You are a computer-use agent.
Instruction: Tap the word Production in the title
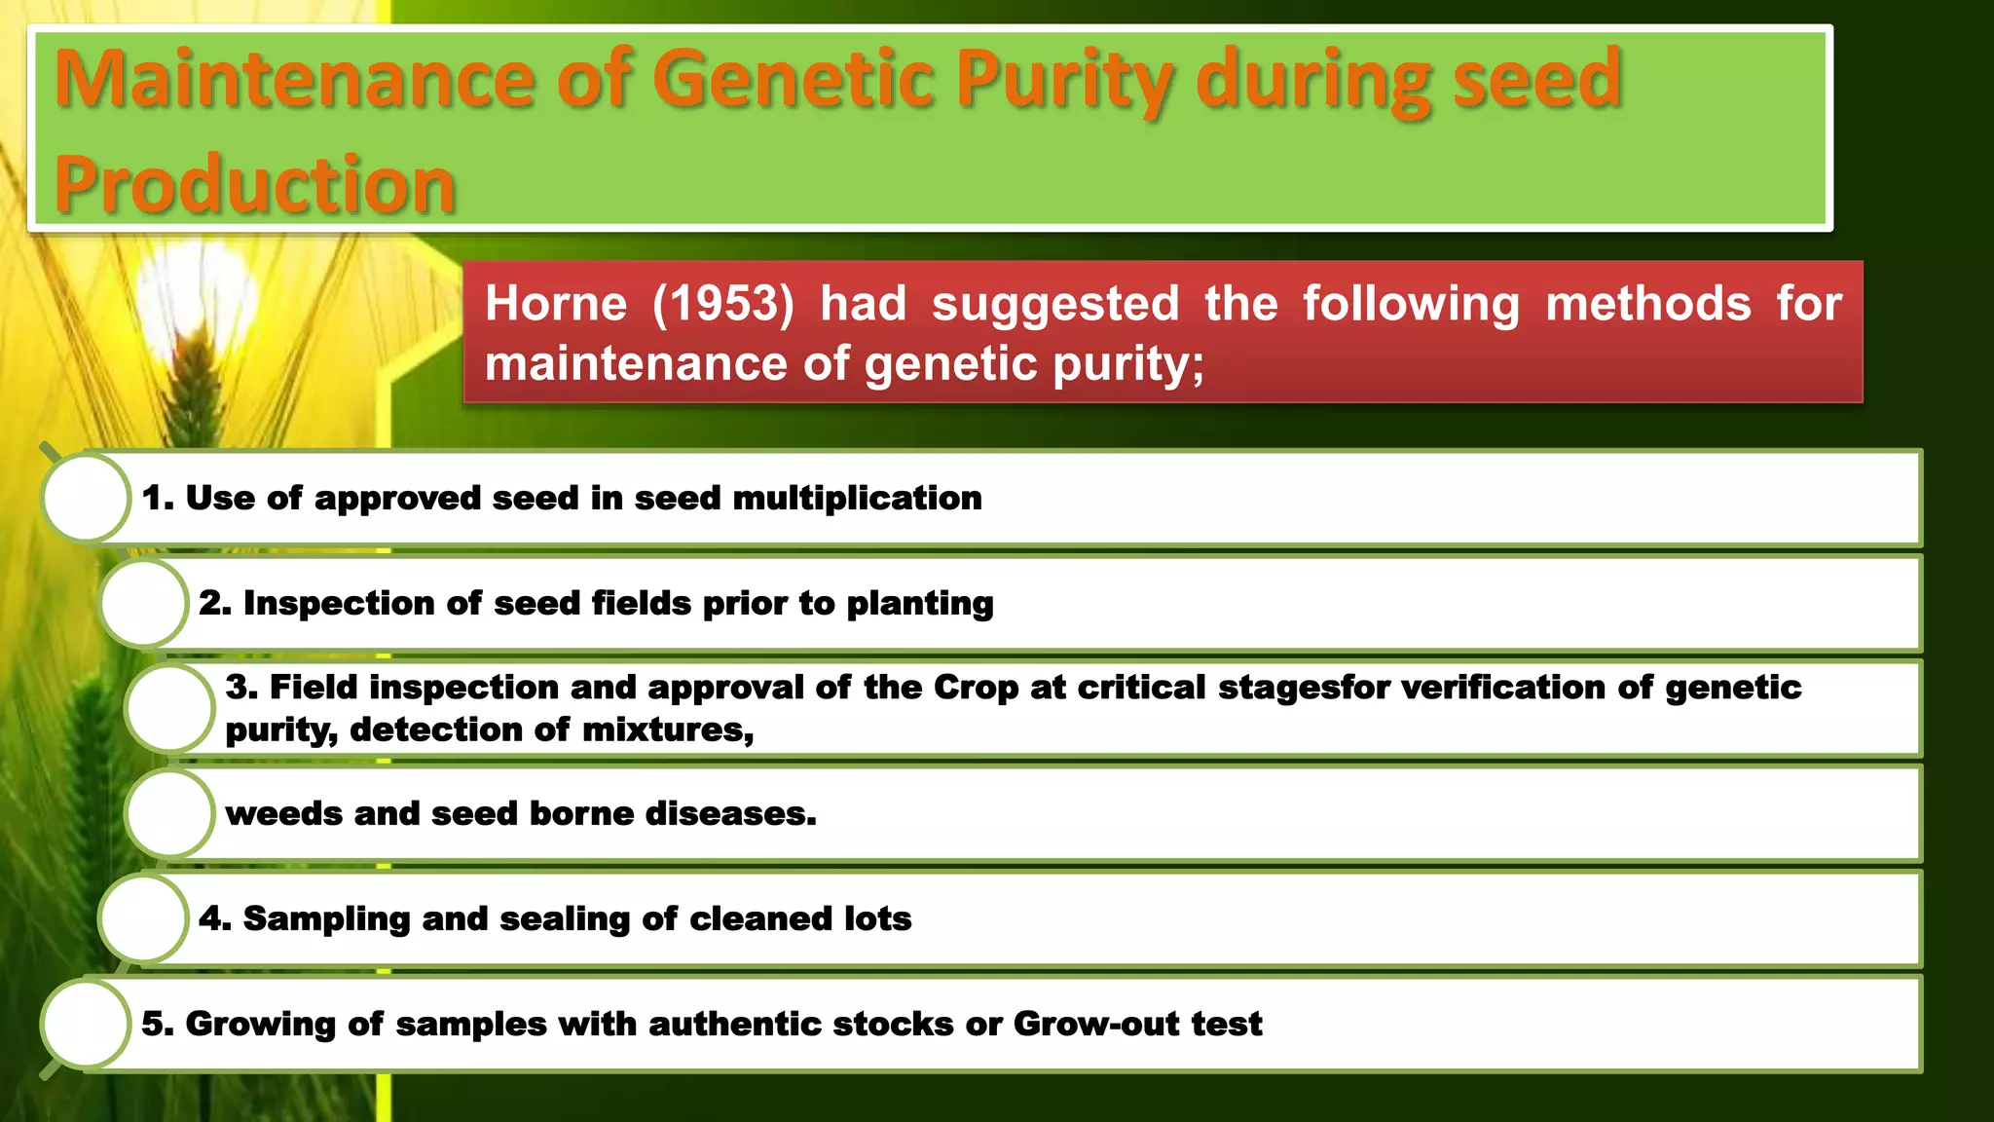click(255, 185)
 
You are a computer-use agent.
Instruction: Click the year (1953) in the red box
click(723, 304)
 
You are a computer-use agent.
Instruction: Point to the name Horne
click(556, 304)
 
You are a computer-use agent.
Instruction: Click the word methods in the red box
click(1647, 304)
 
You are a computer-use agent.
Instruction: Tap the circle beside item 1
click(86, 498)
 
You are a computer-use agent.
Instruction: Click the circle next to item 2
click(142, 603)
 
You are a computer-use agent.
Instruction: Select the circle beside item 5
click(86, 1024)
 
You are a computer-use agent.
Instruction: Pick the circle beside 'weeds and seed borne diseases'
click(169, 813)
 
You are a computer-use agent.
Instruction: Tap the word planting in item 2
click(920, 604)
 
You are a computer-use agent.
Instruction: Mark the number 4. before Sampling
click(214, 918)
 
